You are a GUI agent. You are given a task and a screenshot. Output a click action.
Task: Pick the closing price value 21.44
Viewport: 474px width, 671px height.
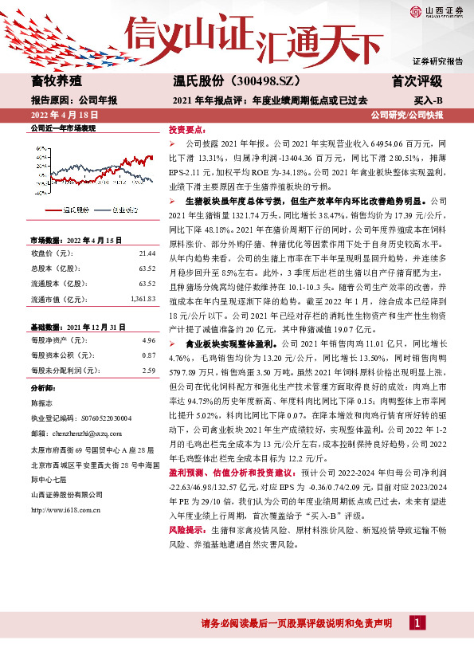(x=147, y=253)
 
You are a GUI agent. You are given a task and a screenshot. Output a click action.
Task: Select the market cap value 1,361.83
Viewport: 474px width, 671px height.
(x=142, y=299)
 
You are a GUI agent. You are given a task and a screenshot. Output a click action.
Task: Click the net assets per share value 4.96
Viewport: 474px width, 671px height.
(x=148, y=340)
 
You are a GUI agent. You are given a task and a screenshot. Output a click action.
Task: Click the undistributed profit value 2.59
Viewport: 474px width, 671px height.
(x=148, y=371)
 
